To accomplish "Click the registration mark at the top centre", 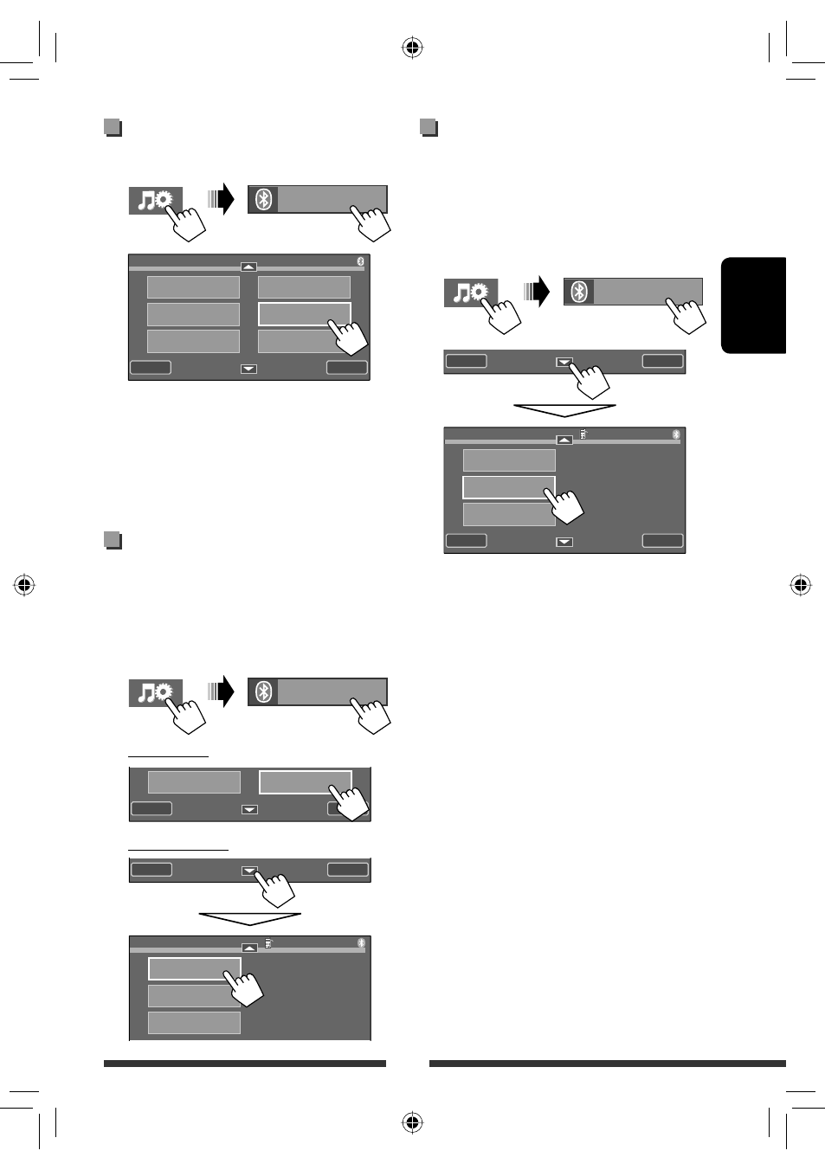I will coord(412,48).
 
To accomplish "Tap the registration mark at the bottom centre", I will coord(412,1122).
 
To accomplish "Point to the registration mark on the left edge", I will coord(24,586).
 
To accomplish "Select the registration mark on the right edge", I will coord(801,586).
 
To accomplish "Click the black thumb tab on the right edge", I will coord(753,305).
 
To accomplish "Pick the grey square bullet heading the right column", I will coord(429,128).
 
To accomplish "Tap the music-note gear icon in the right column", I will coord(470,292).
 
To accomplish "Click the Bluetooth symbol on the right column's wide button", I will coord(579,292).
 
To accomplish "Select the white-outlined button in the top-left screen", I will coord(304,313).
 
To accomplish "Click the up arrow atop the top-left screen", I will coord(248,267).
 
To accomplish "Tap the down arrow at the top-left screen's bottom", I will coord(248,369).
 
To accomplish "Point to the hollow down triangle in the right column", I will coord(564,409).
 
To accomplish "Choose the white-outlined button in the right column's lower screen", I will coord(508,486).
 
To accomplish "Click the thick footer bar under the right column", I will coord(607,1064).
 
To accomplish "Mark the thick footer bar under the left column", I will coord(244,1064).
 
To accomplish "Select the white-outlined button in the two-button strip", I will coord(305,781).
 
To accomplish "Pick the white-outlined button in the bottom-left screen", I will coord(194,967).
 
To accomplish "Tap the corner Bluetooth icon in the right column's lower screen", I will coord(676,434).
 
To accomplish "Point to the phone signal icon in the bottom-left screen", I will coord(268,943).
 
